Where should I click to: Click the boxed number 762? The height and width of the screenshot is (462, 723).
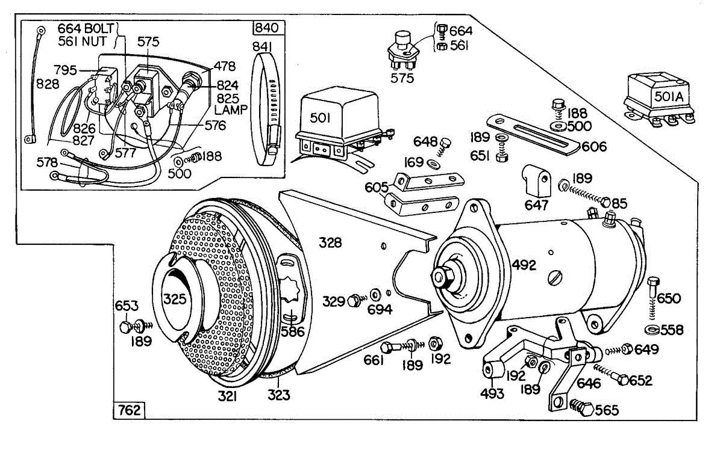130,410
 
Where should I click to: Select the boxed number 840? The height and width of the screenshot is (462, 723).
266,28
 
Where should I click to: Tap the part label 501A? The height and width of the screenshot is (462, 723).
669,96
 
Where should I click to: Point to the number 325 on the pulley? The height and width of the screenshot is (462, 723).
175,299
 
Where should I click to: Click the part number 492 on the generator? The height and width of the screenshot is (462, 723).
524,265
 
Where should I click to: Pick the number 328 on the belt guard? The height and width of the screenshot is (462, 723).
330,242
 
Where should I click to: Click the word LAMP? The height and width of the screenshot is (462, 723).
230,110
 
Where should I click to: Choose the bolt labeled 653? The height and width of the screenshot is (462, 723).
125,327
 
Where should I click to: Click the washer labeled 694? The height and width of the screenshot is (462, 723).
375,295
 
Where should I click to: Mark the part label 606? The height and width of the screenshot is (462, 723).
594,147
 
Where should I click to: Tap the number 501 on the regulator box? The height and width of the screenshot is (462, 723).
320,118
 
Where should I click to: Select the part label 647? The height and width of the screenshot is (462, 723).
536,205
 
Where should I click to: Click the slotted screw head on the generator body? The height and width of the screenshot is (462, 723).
555,278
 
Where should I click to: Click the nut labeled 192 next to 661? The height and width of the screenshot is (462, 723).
436,343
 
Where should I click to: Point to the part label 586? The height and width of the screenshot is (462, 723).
292,331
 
